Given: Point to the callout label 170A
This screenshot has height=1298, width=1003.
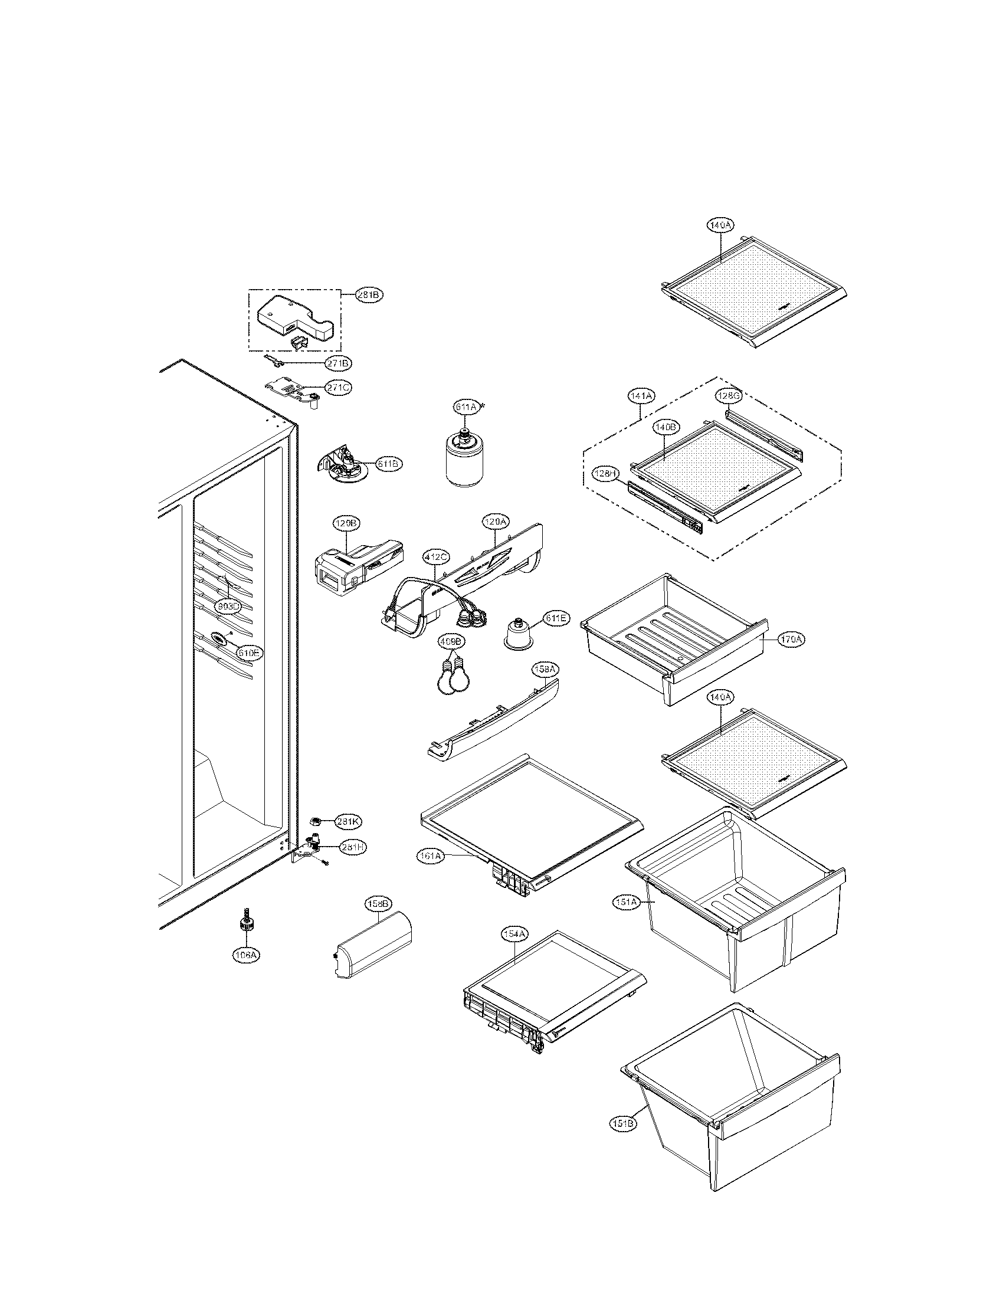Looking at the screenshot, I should pyautogui.click(x=791, y=640).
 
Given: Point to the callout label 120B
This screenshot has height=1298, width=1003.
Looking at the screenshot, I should pyautogui.click(x=345, y=523).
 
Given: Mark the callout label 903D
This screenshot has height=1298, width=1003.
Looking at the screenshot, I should pyautogui.click(x=228, y=606).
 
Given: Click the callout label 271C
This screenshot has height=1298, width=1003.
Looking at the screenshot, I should pyautogui.click(x=339, y=388).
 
